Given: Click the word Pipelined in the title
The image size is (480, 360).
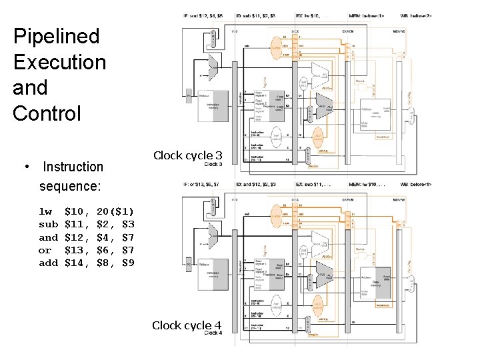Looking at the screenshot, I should coord(56,37).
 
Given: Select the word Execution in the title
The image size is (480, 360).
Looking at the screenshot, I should coord(59,62).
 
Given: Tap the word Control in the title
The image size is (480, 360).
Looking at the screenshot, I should coord(46,113).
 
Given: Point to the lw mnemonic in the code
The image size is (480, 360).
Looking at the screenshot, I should coord(45,211).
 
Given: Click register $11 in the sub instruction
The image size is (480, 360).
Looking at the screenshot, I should coord(77,224).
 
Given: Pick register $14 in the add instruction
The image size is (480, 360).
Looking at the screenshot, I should coord(77,263).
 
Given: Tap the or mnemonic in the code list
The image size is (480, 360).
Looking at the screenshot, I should coord(45,250).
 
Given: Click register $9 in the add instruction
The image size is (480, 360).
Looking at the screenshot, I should coord(128,263).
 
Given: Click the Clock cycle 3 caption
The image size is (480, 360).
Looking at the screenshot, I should coord(187,156).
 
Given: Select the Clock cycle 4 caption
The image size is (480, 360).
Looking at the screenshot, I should coord(187,325).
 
